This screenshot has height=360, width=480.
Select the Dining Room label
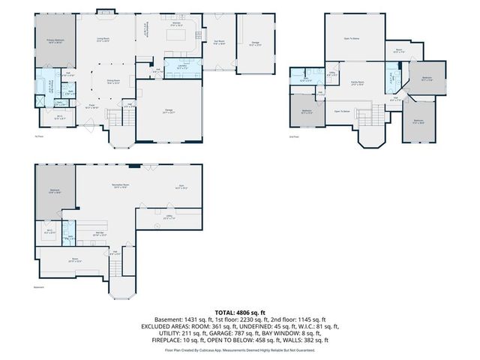[113, 82]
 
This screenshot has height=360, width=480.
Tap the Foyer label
[91, 108]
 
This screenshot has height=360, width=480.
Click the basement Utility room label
[169, 217]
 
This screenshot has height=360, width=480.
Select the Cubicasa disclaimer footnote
[239, 350]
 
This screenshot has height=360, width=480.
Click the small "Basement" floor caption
[38, 286]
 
